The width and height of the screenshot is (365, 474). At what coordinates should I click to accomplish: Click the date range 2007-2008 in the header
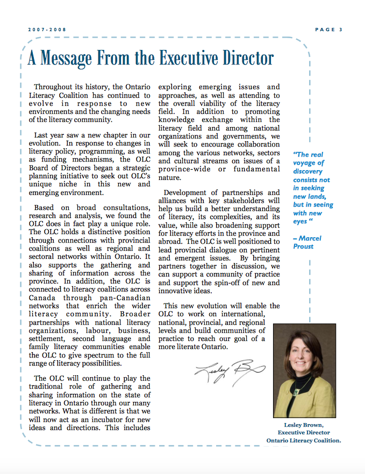(47, 30)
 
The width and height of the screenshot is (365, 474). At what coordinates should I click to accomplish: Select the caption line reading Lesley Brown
(304, 424)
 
